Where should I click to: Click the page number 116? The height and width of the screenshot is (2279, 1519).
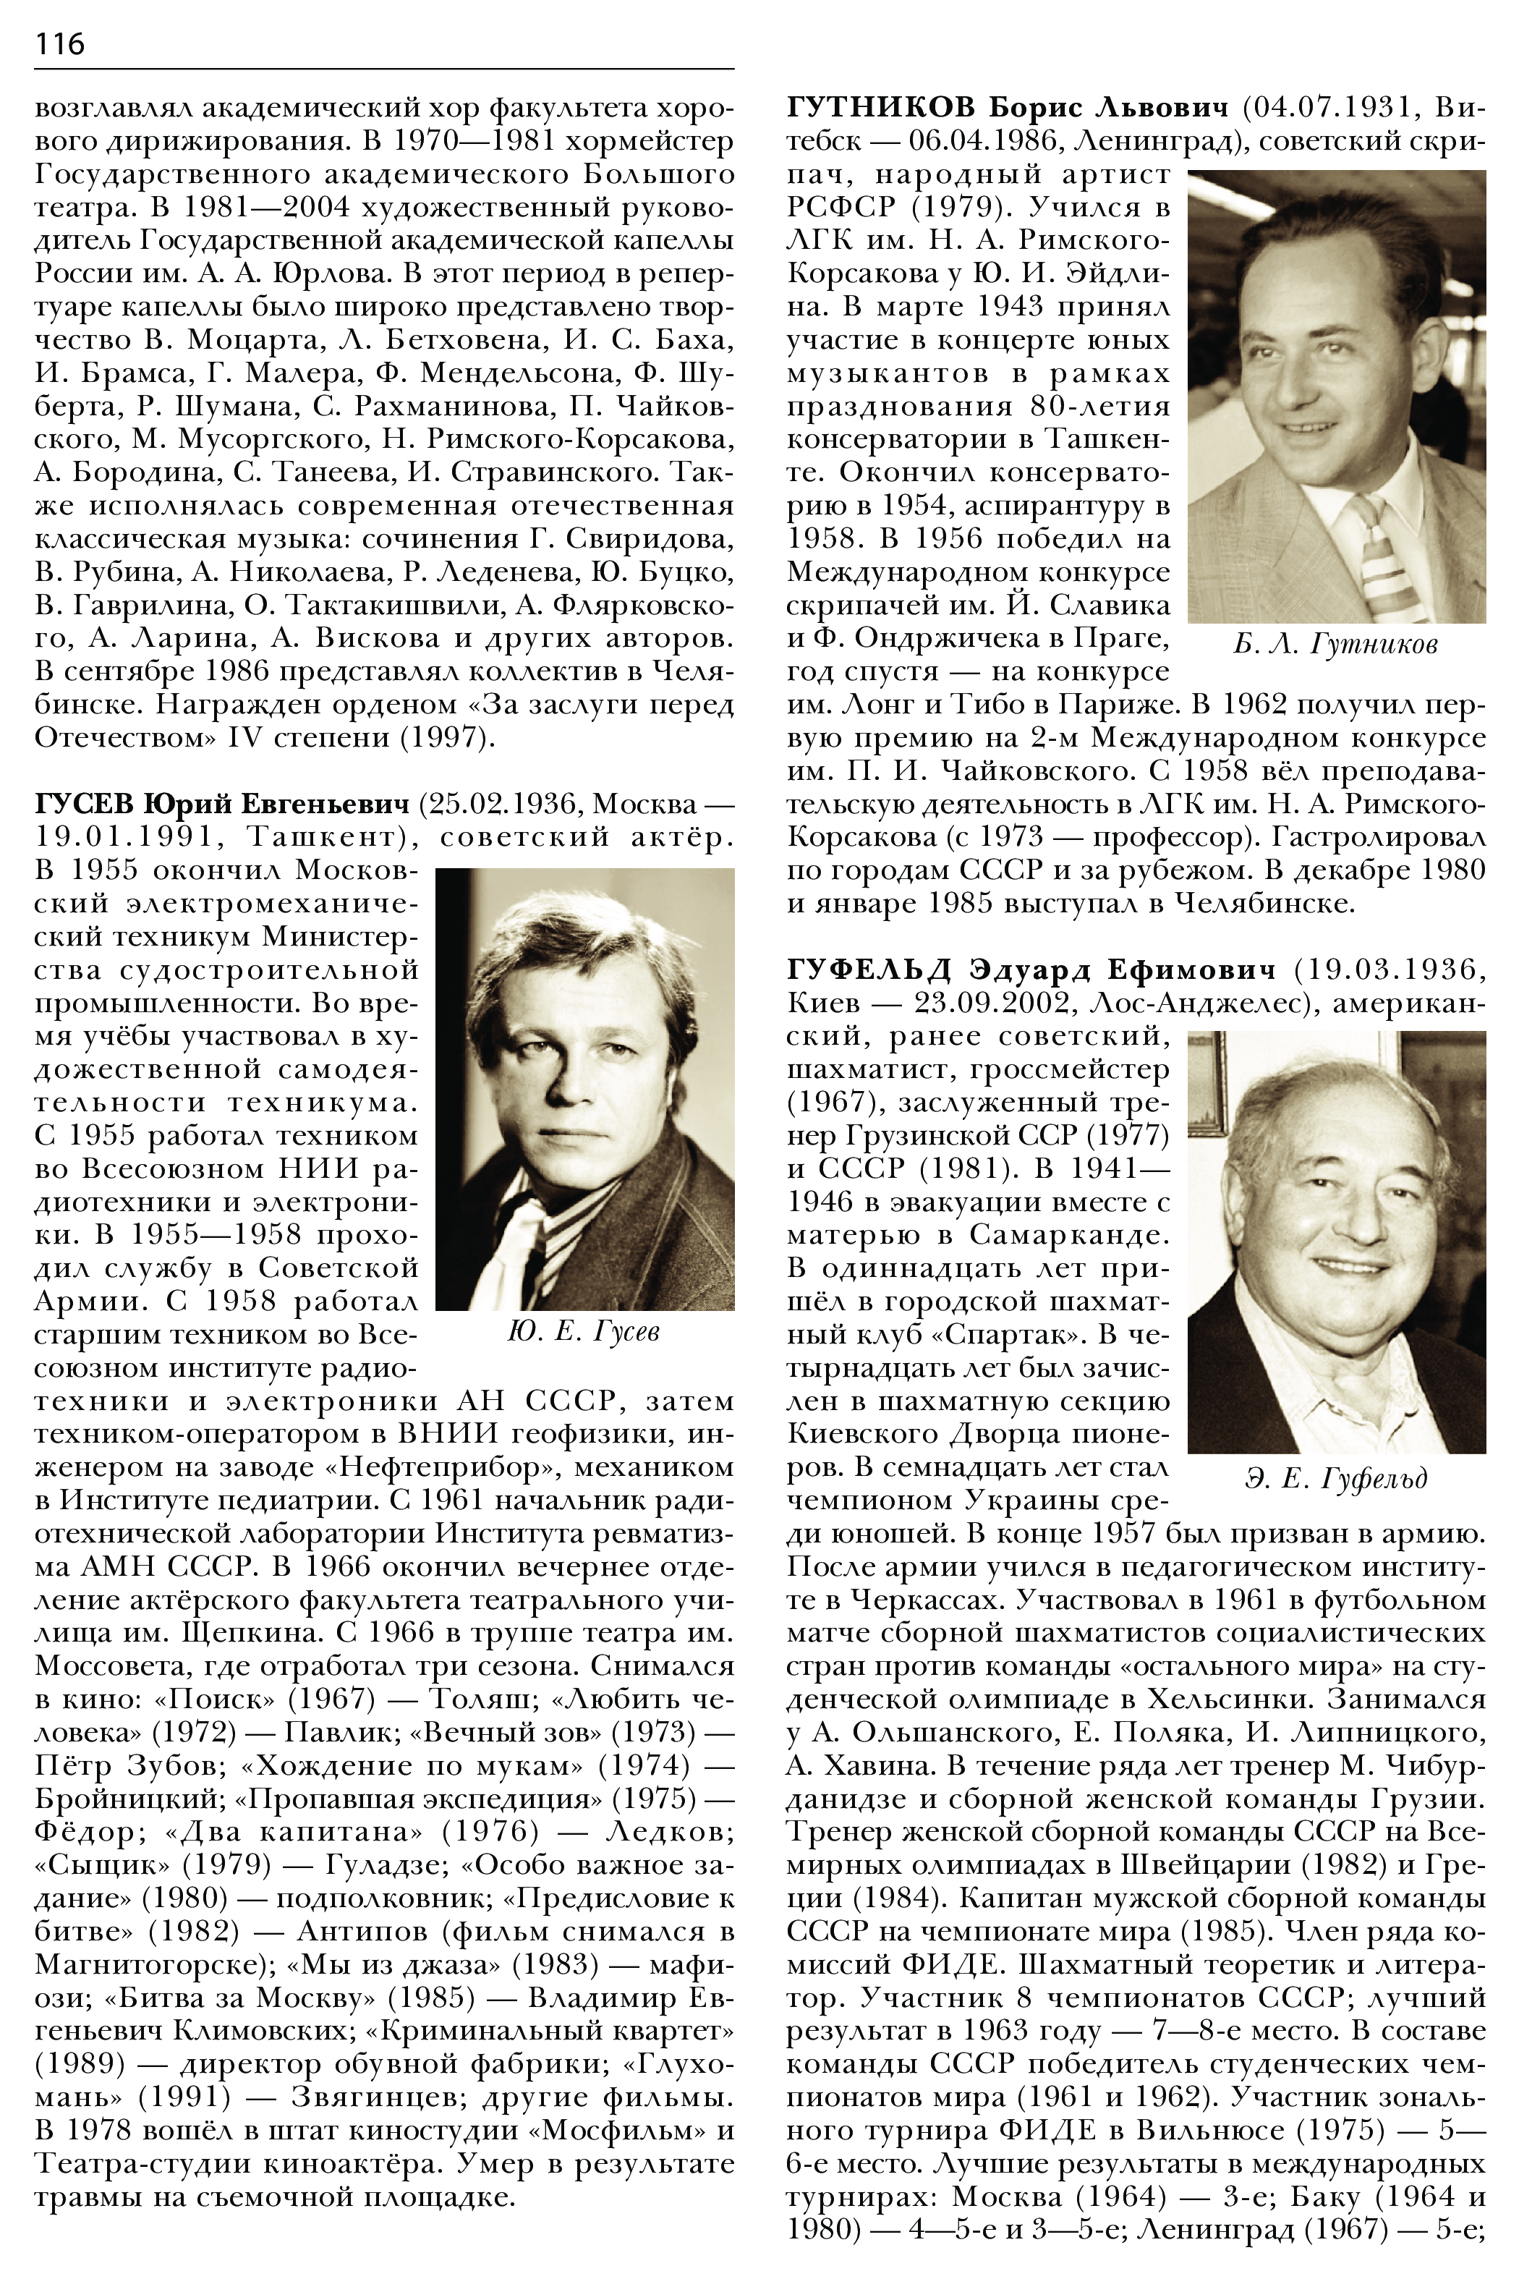point(60,43)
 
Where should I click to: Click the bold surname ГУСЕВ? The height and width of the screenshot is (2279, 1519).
point(85,805)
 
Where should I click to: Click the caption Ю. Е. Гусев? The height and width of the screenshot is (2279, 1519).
point(583,1333)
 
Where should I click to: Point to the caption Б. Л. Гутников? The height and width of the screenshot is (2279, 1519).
point(1336,645)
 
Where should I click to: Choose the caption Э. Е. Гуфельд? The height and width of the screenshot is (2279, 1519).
point(1336,1479)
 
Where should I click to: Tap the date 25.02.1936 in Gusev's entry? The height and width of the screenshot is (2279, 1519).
point(503,805)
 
